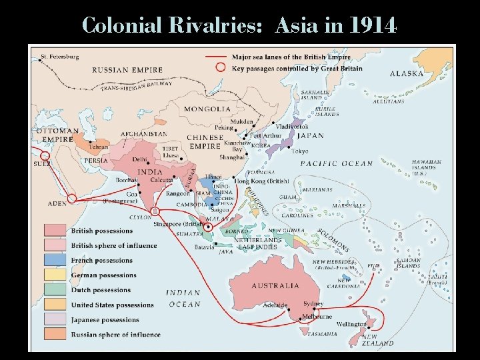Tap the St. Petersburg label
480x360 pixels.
[60, 57]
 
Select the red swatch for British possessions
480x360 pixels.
[56, 231]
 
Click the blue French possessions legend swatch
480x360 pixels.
[56, 260]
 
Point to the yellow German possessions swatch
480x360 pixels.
[56, 275]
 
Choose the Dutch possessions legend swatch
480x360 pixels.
[56, 289]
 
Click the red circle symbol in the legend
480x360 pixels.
[220, 67]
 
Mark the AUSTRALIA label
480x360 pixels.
[275, 285]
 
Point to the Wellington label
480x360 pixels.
[351, 325]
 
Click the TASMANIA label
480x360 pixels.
[322, 333]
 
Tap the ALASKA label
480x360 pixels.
[407, 73]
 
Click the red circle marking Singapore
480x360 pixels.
[209, 226]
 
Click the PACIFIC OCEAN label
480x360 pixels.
[337, 164]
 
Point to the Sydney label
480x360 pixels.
[314, 303]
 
